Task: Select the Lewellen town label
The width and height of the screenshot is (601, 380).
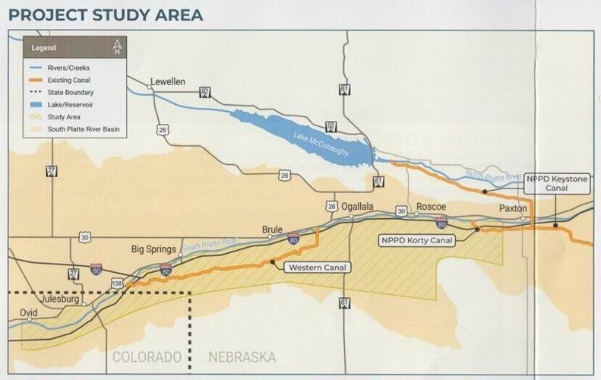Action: (x=168, y=82)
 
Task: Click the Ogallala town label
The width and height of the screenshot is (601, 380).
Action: (x=357, y=207)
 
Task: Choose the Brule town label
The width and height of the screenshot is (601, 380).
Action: (x=272, y=229)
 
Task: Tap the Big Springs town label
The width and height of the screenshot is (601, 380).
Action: (x=158, y=249)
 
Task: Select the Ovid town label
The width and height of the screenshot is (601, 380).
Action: (x=30, y=311)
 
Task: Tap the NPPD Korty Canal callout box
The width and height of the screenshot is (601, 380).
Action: (x=417, y=240)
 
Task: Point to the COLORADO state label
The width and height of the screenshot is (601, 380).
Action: (x=147, y=357)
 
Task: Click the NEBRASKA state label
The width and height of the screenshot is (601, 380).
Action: (x=242, y=357)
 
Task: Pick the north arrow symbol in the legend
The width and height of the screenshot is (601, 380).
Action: (x=116, y=47)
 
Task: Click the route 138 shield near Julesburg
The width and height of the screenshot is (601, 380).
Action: (x=117, y=283)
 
